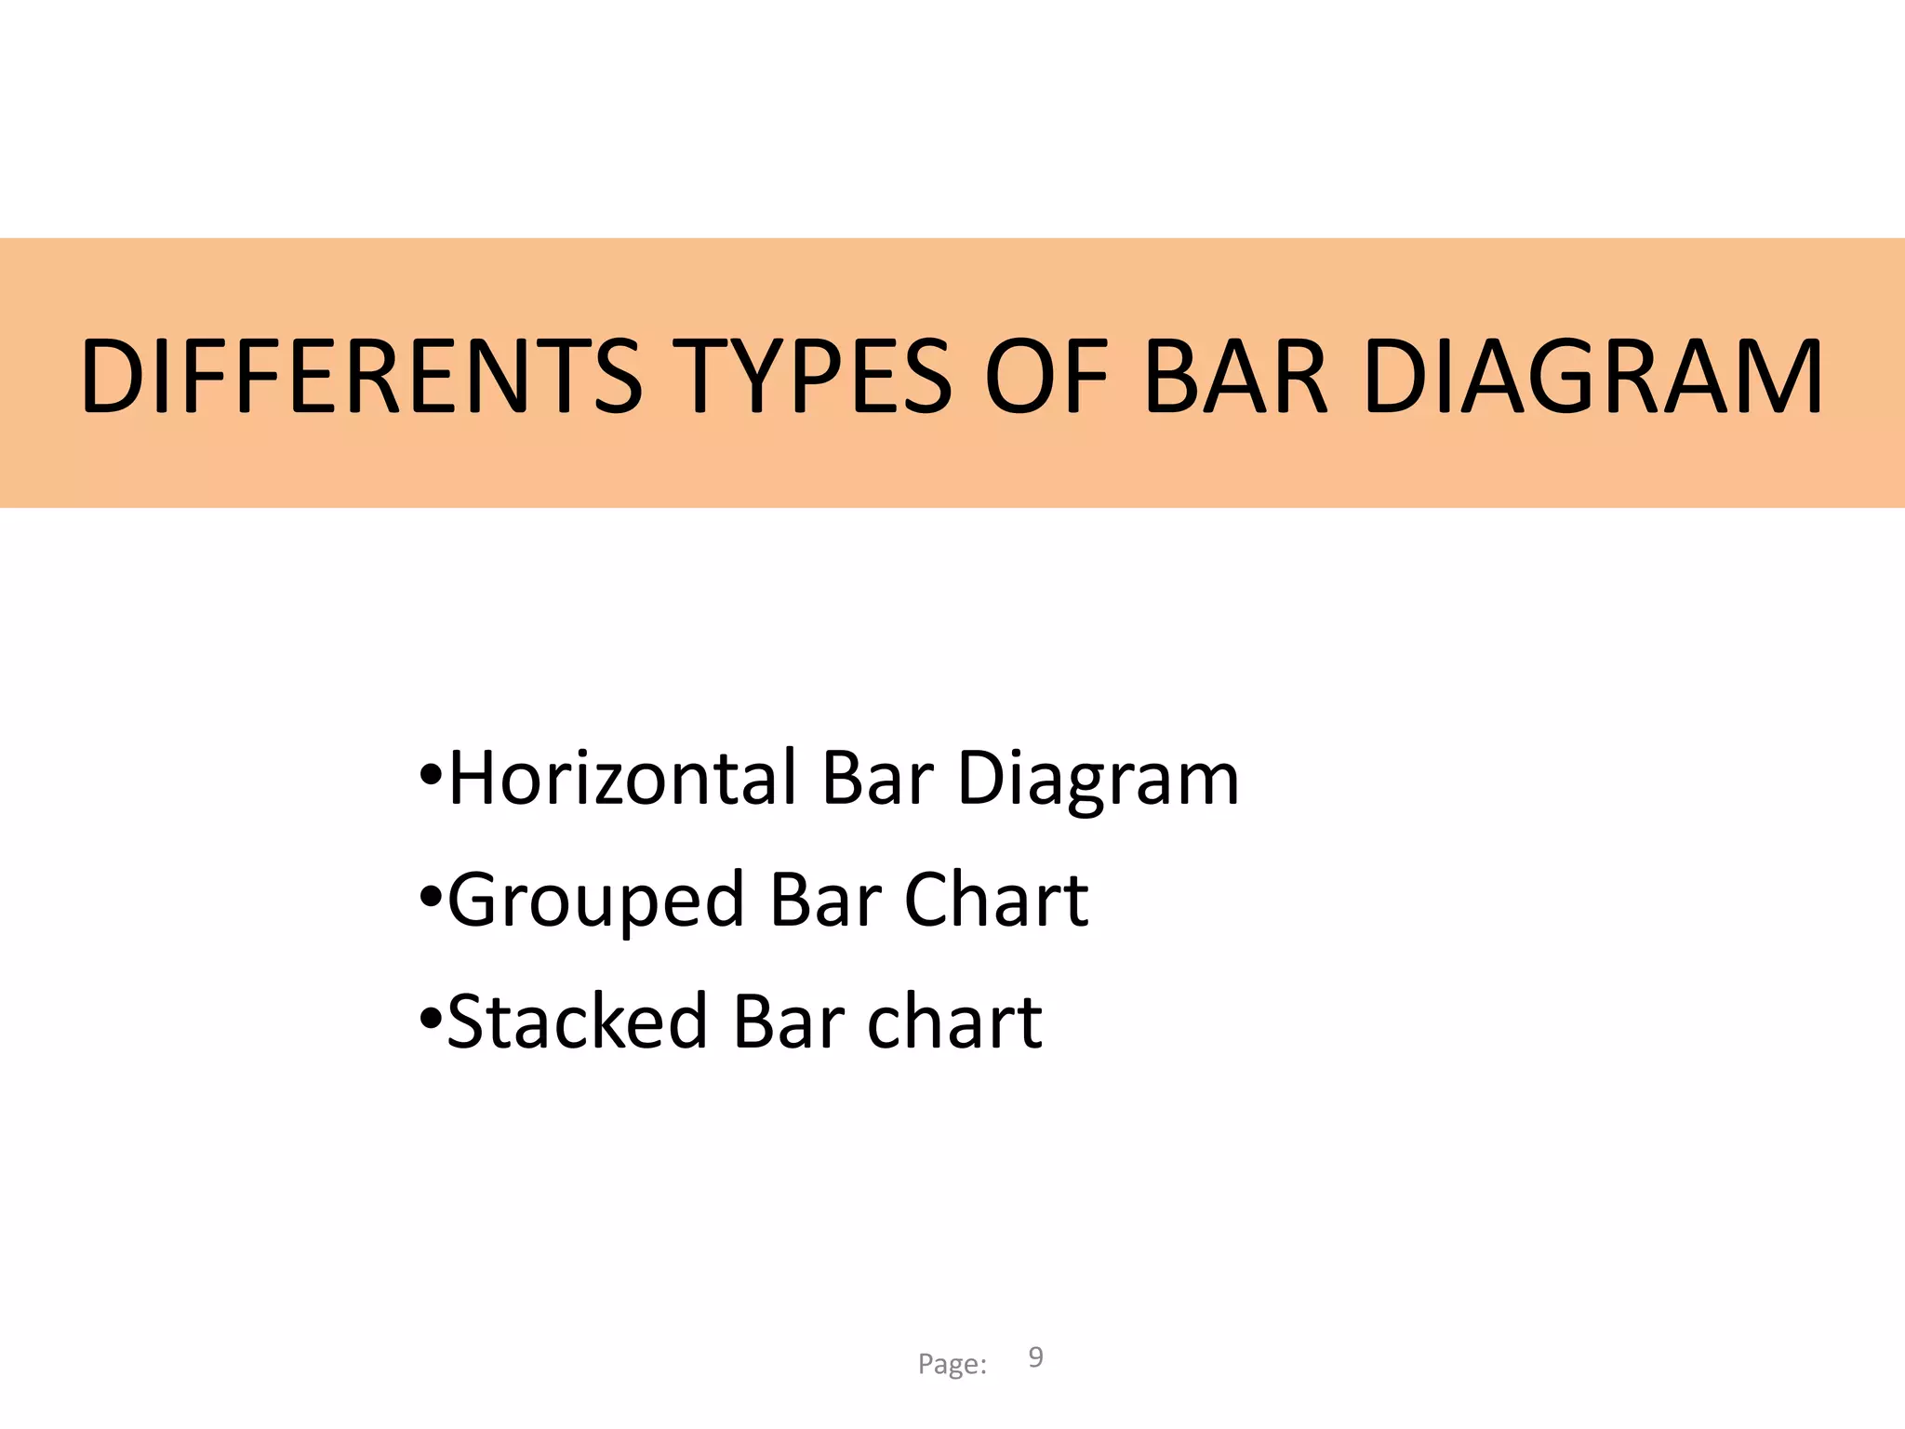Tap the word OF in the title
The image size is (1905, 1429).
point(1047,376)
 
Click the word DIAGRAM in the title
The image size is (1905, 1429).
point(1592,376)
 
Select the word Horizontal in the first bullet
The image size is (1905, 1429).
point(622,778)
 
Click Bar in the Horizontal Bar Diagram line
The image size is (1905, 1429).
point(877,778)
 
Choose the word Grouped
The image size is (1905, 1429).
point(596,901)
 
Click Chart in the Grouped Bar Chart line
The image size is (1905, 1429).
point(996,899)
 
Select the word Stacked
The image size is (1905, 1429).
point(578,1021)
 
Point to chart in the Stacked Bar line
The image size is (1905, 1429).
point(954,1021)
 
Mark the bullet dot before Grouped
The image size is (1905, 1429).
point(430,897)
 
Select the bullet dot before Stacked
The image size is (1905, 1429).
point(430,1018)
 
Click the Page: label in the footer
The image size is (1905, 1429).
point(952,1364)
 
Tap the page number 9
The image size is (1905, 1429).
point(1035,1357)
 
